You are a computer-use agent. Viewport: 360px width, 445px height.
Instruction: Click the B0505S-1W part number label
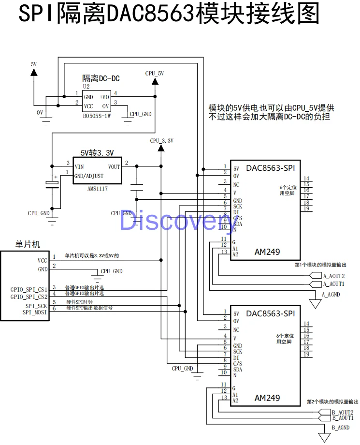(97, 116)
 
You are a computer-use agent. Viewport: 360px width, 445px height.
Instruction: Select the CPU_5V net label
(155, 74)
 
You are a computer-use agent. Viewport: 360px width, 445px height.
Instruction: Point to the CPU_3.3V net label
(161, 141)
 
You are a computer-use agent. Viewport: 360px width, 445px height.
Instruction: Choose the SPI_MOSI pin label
(35, 312)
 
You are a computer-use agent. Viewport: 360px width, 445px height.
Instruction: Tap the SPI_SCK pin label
(36, 306)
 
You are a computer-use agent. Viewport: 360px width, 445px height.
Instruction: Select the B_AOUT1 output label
(343, 417)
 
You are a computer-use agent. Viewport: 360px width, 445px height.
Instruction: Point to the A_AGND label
(331, 294)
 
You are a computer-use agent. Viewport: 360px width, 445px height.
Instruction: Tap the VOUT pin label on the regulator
(114, 167)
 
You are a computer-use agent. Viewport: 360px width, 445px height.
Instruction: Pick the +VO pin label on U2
(105, 97)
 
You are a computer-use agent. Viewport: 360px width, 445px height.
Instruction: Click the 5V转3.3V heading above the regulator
(97, 153)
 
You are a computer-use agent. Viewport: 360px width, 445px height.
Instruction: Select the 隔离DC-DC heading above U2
(101, 78)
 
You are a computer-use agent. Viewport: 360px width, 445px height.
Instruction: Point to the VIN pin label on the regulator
(79, 167)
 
